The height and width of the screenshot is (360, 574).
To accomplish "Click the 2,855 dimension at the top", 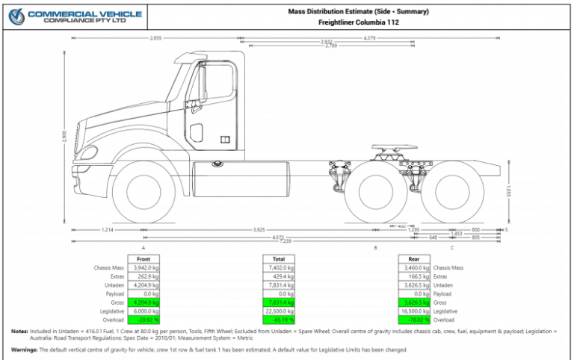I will tap(156, 37).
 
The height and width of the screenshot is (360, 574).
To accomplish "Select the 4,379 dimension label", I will tap(369, 37).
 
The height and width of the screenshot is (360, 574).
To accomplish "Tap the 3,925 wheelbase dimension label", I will tap(259, 229).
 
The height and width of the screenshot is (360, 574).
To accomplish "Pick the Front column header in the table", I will tap(143, 258).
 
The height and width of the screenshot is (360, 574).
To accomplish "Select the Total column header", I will tap(278, 258).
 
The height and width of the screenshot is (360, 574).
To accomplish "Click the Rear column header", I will tap(413, 258).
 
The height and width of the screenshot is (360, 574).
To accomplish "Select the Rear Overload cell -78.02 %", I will tap(414, 320).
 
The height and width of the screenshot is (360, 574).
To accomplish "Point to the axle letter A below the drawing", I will tap(143, 247).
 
